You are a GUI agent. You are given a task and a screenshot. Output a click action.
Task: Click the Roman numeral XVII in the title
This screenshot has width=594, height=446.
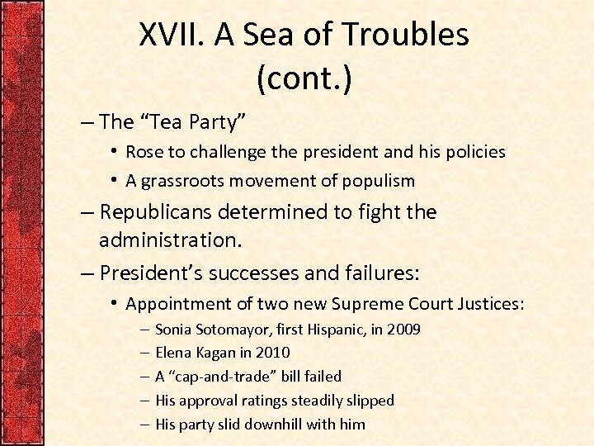[x=172, y=35]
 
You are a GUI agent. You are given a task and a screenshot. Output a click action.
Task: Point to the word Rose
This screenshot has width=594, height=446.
[x=144, y=153]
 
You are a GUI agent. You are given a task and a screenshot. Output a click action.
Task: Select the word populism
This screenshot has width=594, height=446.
[x=378, y=180]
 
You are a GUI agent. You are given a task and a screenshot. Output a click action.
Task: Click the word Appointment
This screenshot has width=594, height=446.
[x=177, y=304]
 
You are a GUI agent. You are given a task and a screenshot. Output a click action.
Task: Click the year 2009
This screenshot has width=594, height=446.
[x=403, y=330]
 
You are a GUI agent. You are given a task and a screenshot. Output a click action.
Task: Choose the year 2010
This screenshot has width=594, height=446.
[x=272, y=353]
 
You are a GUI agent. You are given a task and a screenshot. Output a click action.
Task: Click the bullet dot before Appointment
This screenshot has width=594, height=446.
[x=113, y=303]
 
